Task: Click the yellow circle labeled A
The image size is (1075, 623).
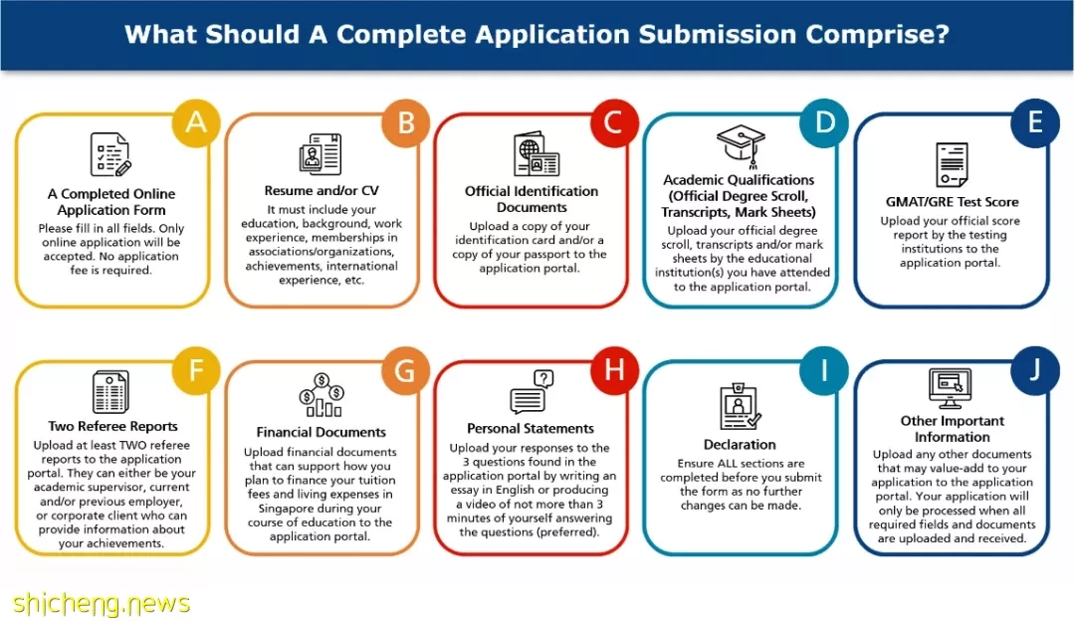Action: [196, 122]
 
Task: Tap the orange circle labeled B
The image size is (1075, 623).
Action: [406, 122]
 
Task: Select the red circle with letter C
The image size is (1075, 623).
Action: [614, 122]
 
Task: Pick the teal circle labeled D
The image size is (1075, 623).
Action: [824, 122]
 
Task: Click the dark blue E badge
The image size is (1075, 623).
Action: [1035, 122]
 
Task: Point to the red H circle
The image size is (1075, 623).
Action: [614, 370]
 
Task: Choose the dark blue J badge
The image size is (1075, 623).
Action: [1035, 370]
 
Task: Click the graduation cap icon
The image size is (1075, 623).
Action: [741, 145]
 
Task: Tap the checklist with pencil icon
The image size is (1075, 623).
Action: [111, 155]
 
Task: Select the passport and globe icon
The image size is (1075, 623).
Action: [537, 154]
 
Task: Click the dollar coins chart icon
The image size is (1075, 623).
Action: [322, 395]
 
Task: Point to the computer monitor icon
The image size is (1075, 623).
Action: [950, 388]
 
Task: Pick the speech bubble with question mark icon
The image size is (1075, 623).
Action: [532, 392]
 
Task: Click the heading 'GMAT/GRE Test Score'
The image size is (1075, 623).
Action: [952, 202]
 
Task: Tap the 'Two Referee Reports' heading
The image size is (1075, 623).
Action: [112, 426]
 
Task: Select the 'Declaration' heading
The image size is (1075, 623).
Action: [740, 445]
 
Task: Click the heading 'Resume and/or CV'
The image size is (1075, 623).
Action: [322, 190]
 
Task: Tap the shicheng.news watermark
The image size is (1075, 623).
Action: [102, 604]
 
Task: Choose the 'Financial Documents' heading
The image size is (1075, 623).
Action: [321, 433]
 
